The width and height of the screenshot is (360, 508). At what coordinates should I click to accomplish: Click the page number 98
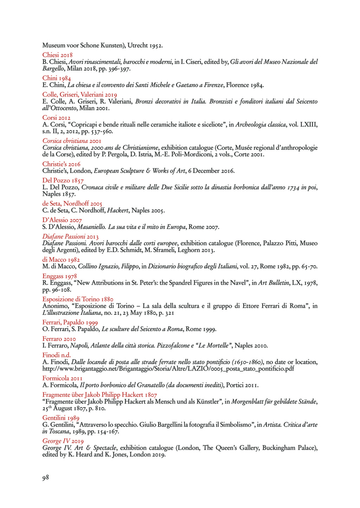point(46,477)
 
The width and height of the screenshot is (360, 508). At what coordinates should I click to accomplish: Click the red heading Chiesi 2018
point(57,55)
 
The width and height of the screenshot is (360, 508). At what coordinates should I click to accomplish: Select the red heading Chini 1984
point(57,78)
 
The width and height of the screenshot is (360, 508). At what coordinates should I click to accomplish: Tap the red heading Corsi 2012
point(56,118)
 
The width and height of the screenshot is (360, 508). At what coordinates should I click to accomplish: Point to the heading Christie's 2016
point(61,164)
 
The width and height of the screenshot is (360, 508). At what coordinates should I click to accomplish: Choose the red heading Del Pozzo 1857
point(63,181)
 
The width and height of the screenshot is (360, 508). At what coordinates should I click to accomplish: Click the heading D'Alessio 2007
point(62,220)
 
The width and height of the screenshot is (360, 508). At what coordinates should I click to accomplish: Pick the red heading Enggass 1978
point(59,276)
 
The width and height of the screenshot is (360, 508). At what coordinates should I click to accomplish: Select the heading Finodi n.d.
point(57,355)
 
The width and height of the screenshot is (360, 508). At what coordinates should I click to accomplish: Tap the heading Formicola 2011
point(63,378)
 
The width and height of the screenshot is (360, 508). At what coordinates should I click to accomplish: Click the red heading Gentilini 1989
point(61,418)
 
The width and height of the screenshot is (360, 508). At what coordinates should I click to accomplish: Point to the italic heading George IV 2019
point(63,441)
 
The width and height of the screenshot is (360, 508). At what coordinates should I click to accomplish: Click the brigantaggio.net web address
point(168,369)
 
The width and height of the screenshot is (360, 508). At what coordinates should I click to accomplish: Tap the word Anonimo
point(55,306)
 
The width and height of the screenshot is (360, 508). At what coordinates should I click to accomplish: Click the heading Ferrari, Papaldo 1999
point(70,322)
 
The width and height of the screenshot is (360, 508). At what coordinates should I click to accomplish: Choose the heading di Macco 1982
point(61,260)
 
